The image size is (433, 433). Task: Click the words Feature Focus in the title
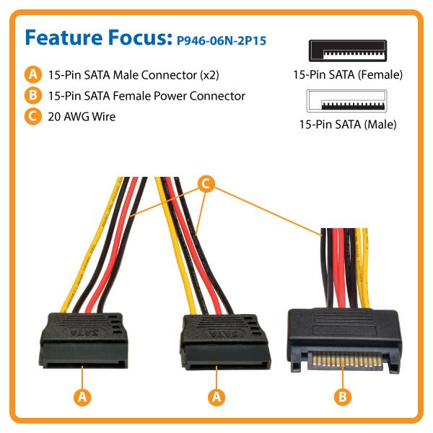[97, 38]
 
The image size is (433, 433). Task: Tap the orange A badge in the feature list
[32, 74]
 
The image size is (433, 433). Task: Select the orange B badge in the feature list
[32, 95]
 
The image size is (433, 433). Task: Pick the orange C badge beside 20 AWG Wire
[32, 116]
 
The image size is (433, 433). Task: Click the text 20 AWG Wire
[79, 116]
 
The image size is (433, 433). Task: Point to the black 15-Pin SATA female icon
[347, 53]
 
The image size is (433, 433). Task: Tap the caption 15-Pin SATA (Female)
[347, 74]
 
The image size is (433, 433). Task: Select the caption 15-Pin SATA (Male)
[347, 124]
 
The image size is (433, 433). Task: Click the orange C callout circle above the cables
[206, 184]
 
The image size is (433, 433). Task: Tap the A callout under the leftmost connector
[83, 395]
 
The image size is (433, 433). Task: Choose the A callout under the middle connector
[216, 395]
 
